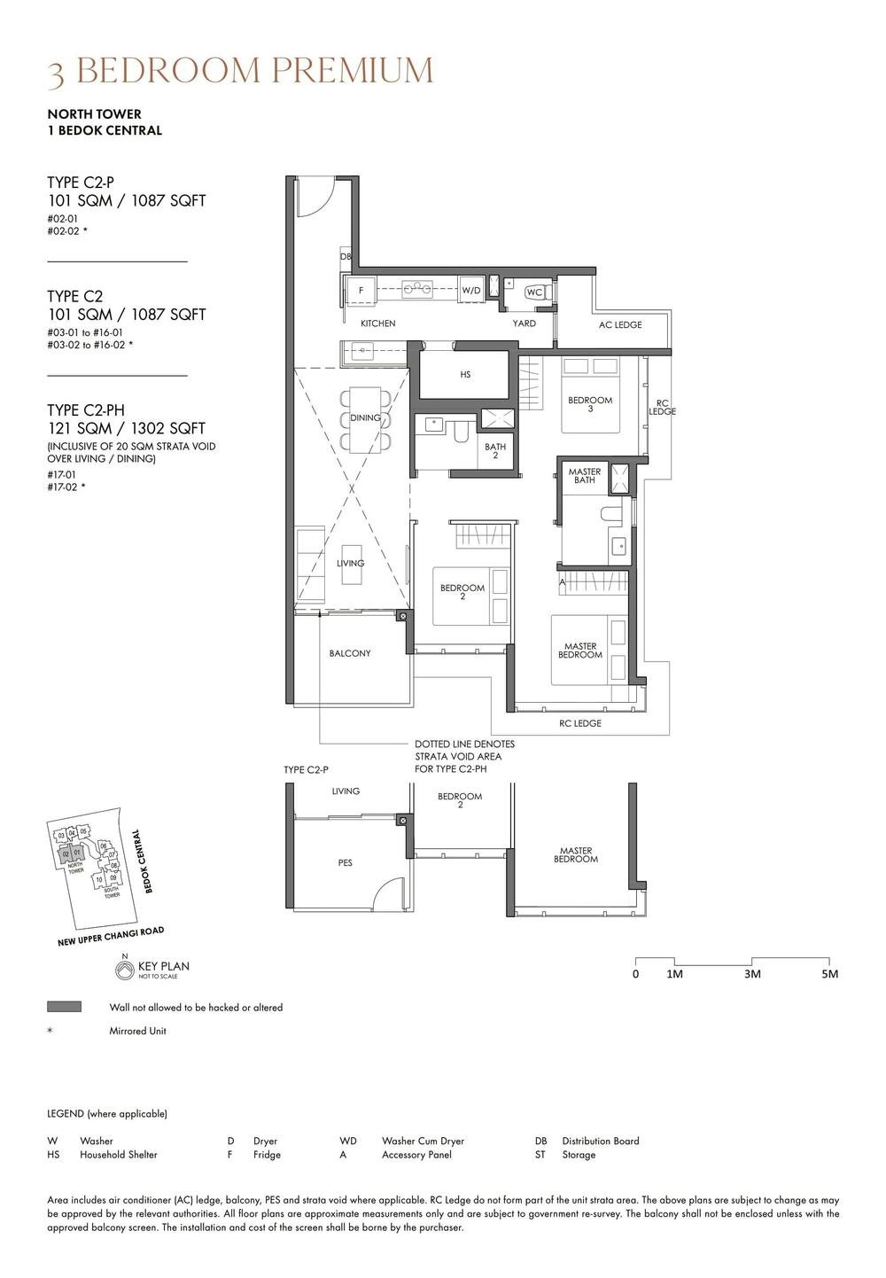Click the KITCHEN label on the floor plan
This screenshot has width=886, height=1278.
point(377,323)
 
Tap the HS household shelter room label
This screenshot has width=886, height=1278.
point(465,375)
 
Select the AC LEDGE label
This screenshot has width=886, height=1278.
point(620,324)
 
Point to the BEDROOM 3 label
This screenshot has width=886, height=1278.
point(590,404)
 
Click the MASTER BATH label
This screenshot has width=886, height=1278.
point(585,476)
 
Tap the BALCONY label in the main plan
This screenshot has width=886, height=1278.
point(350,653)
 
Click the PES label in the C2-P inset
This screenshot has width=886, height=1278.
point(345,862)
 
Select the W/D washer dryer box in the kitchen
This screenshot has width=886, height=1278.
point(470,290)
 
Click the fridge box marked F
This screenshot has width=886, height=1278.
point(361,290)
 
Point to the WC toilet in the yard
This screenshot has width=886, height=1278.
point(535,292)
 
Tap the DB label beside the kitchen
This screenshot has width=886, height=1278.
point(346,257)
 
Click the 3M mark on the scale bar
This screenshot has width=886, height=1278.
point(752,974)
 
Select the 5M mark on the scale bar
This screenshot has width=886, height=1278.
point(829,974)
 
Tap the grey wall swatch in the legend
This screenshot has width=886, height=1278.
point(64,1007)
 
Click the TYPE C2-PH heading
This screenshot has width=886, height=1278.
point(86,409)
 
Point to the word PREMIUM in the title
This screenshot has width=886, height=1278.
point(353,71)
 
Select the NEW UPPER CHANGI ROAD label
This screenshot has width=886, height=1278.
point(111,937)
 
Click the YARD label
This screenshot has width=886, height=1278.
point(524,323)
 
